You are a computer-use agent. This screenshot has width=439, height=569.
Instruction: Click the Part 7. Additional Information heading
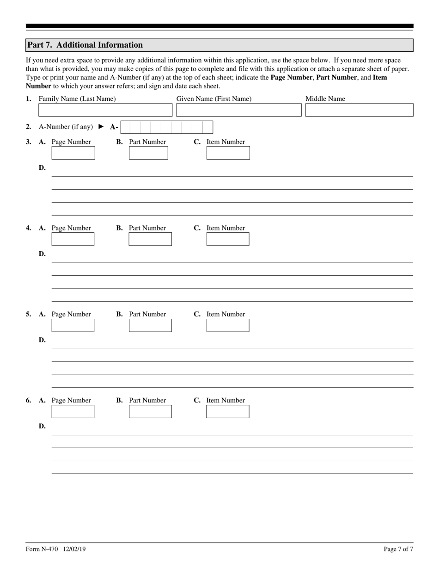85,45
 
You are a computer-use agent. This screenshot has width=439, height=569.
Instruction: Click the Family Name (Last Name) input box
105,110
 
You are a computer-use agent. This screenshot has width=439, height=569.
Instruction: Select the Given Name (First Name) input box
238,110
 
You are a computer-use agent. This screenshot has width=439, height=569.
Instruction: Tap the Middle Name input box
359,110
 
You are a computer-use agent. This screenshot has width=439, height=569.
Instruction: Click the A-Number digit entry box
167,127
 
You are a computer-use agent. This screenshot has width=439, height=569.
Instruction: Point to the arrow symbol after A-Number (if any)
101,127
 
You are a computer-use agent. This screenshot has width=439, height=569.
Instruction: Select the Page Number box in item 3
73,153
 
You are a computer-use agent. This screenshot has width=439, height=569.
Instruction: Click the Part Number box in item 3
148,153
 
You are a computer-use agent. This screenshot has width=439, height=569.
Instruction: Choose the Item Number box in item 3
228,153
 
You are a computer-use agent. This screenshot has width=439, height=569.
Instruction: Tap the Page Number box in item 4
73,239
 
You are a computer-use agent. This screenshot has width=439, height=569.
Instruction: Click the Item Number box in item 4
227,239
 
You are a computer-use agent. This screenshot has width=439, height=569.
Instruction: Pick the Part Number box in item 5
150,325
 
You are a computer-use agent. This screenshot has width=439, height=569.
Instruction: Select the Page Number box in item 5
73,325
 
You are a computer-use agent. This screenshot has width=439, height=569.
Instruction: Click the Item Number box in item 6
227,411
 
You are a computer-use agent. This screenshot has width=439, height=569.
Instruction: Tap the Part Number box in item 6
150,411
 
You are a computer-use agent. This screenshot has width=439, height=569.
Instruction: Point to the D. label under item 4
42,254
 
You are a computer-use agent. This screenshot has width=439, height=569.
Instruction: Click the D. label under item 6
42,426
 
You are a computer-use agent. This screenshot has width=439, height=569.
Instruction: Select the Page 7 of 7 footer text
398,549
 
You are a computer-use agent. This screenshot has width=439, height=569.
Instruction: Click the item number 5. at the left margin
29,314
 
